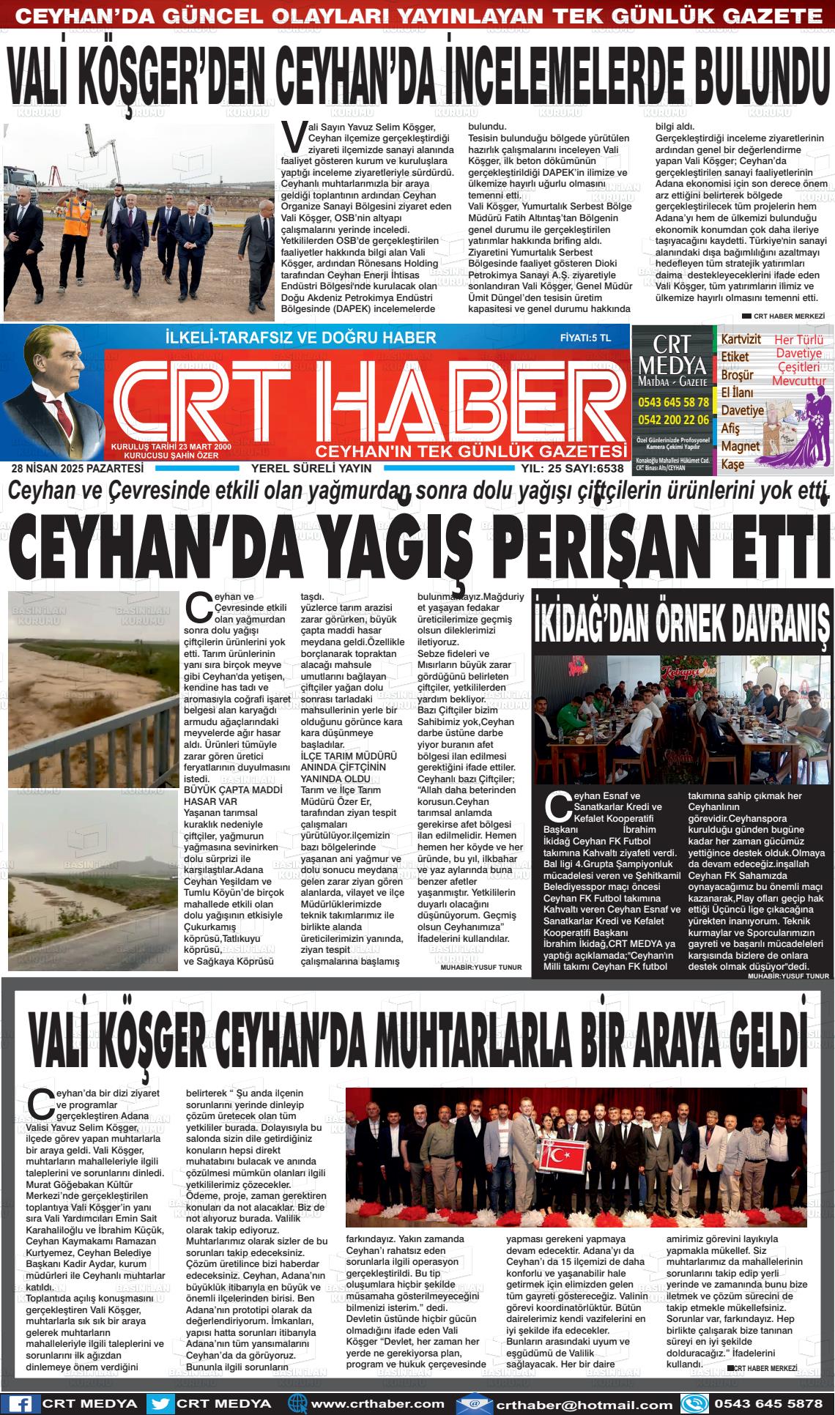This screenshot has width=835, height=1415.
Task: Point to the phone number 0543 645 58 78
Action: click(673, 402)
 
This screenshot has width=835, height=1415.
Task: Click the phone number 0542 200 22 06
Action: click(673, 420)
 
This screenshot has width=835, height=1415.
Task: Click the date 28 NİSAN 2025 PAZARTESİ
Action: click(78, 469)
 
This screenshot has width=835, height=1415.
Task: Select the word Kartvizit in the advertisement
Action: click(741, 340)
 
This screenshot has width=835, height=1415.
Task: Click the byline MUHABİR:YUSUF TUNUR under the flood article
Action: click(481, 967)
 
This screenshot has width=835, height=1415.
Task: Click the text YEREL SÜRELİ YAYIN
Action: click(311, 469)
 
